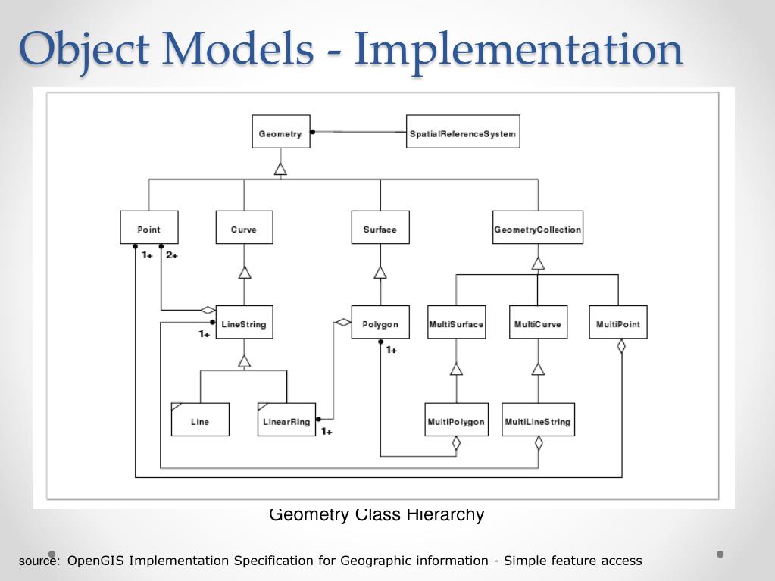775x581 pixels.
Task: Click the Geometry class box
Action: point(281,131)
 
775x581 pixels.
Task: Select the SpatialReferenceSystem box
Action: point(463,131)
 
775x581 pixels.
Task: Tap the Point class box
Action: point(148,227)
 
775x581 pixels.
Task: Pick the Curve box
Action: point(244,227)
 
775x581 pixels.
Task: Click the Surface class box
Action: point(380,227)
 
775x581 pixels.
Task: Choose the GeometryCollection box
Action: point(538,227)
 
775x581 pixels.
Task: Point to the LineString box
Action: point(244,322)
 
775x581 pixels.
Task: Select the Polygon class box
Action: point(380,322)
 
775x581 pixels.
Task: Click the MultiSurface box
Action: point(456,322)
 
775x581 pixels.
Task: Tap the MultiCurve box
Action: point(538,322)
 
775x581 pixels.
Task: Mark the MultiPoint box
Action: point(618,322)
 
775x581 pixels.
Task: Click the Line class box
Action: point(200,420)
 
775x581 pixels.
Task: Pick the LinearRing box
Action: point(286,420)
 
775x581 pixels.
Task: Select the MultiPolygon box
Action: point(456,420)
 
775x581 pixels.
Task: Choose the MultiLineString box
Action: point(538,420)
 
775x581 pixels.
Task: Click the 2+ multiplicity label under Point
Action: point(172,255)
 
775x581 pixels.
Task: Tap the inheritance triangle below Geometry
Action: point(281,169)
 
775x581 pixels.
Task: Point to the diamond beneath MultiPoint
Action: point(621,346)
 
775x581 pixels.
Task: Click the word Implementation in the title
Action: point(518,49)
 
